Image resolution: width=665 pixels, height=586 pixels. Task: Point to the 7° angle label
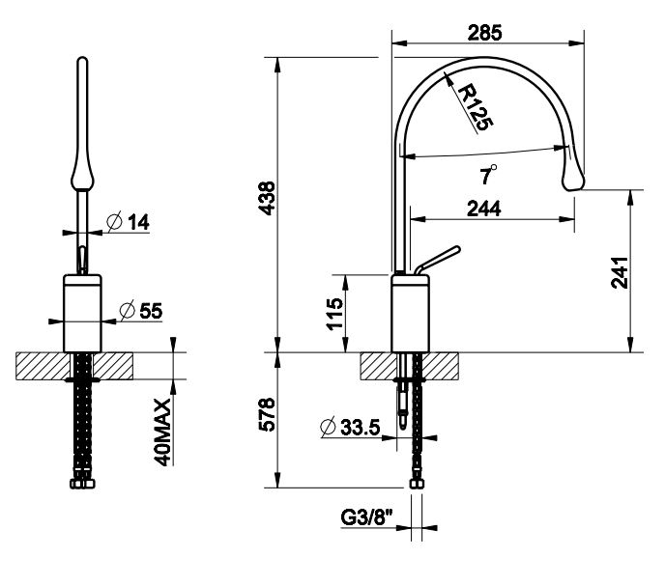(x=489, y=175)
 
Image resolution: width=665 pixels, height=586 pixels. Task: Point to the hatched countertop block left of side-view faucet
(x=377, y=366)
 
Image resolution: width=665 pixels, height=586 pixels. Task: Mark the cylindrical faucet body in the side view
(x=411, y=313)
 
